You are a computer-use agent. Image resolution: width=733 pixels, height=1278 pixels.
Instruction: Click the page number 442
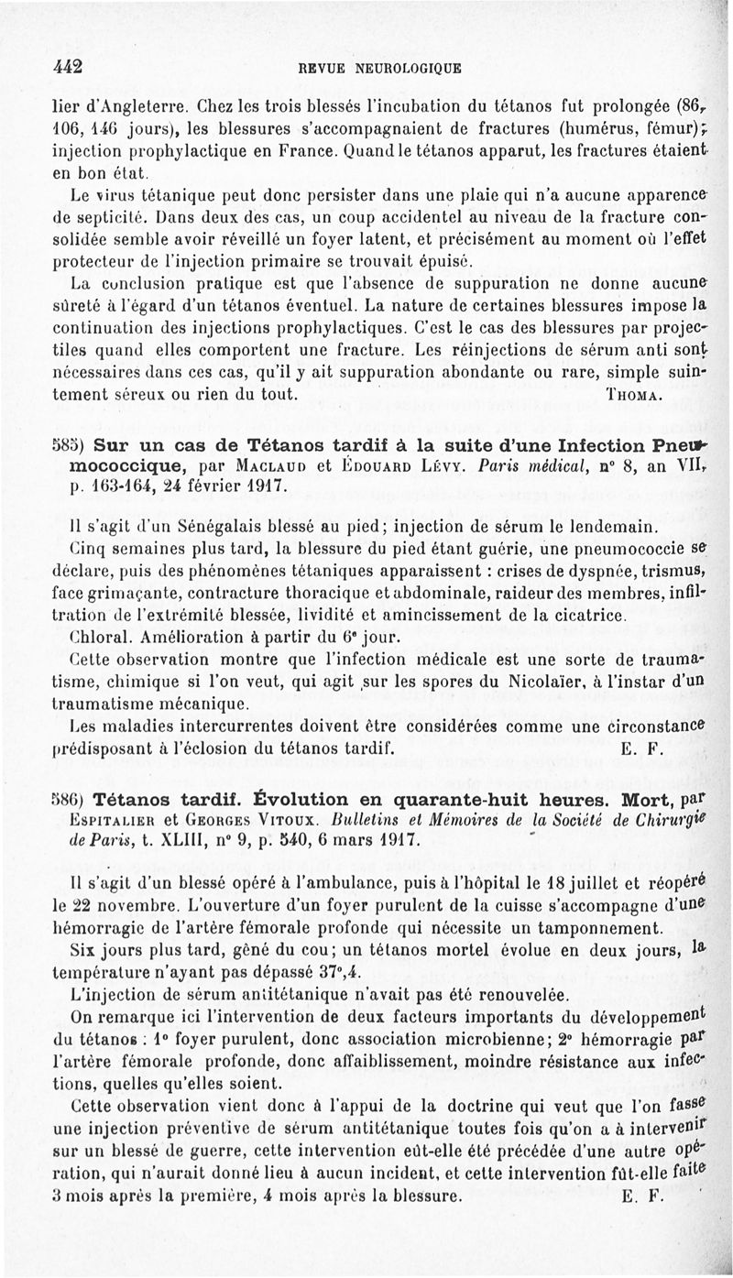68,66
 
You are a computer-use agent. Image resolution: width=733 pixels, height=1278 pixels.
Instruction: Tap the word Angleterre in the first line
124,104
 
